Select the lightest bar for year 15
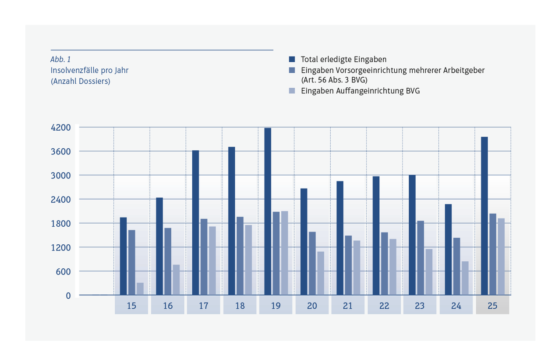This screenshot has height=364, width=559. pos(140,289)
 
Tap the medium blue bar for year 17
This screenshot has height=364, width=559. pos(204,257)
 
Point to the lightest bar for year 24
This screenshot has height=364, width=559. pos(465,278)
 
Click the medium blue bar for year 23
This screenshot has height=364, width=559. pos(420,258)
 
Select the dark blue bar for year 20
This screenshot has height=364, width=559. pos(304,242)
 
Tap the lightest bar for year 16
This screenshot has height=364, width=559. pos(176,280)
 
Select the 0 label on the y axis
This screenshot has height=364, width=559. pos(68,296)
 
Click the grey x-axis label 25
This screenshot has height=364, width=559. pos(492,306)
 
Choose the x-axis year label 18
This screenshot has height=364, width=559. pos(240,306)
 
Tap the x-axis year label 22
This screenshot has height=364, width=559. pos(384,306)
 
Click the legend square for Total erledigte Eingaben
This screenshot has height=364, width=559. pos(292,59)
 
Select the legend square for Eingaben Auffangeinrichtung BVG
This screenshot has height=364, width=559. pos(292,91)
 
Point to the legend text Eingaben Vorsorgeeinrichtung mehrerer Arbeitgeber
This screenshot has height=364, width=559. pos(393,70)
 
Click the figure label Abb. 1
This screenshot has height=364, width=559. pos(60,59)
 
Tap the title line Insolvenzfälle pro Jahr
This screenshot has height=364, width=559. pos(89,70)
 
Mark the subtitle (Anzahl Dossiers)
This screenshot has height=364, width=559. pos(80,81)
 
